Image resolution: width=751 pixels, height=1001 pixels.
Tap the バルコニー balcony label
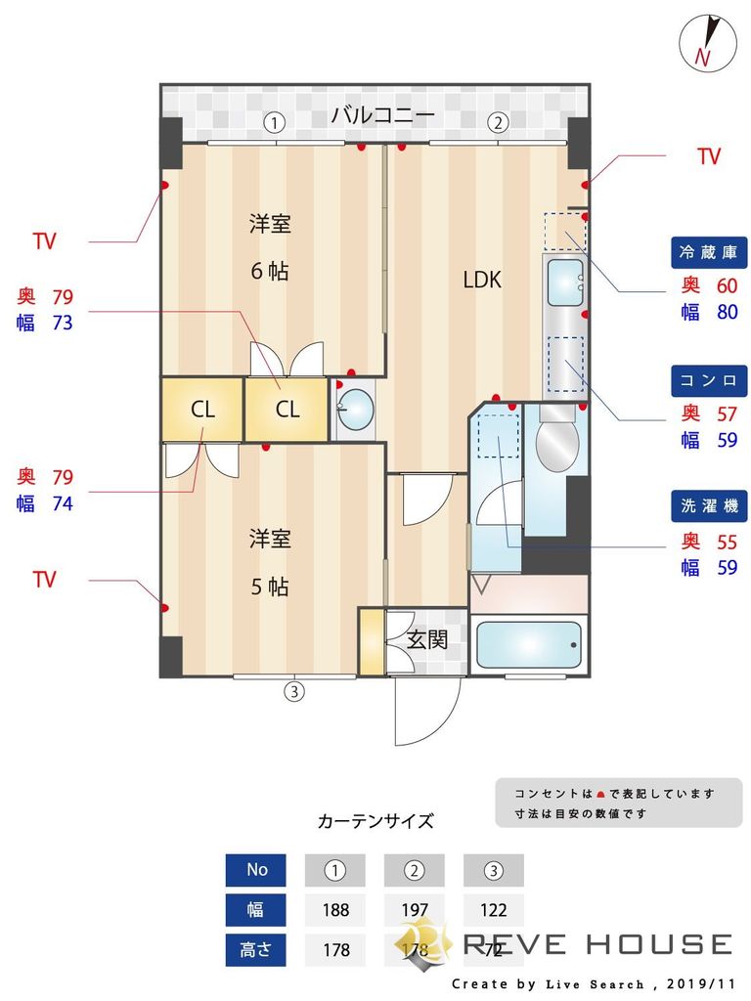pos(382,115)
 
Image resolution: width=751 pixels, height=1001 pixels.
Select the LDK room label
pos(481,281)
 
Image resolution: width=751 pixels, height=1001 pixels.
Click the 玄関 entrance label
pos(426,640)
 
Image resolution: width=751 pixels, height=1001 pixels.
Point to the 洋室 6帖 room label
pos(269,246)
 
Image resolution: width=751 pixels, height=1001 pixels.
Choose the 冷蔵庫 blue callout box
pos(709,252)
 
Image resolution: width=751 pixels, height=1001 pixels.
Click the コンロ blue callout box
pos(709,379)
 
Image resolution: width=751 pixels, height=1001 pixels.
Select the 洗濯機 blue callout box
pos(709,505)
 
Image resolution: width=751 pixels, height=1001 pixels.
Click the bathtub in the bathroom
pos(528,645)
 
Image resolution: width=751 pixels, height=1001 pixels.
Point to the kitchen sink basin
pos(564,283)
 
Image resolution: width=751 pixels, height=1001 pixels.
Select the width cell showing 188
pos(335,910)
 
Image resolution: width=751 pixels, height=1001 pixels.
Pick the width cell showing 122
pos(494,910)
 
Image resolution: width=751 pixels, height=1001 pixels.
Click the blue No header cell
pos(256,869)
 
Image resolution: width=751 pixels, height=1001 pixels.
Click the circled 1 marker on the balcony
pos(276,123)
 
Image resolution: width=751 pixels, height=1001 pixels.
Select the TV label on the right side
pos(708,156)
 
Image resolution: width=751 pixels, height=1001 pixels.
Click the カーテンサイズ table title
pos(375,821)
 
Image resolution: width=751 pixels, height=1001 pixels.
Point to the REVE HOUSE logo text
pos(596,944)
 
